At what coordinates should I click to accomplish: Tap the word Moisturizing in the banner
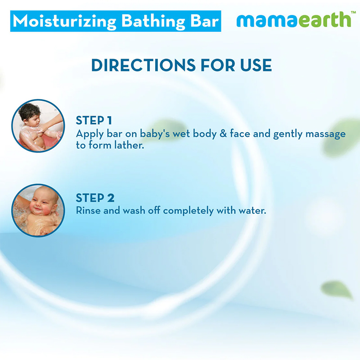65,22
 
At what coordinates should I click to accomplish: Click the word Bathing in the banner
153,22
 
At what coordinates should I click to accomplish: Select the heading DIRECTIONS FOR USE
181,65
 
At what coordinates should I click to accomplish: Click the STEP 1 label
94,120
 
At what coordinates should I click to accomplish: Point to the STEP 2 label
95,198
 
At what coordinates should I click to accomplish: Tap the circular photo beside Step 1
38,126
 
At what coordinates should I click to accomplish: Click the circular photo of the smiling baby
38,210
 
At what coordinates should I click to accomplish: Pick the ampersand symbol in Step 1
223,134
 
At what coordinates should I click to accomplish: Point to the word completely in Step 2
188,211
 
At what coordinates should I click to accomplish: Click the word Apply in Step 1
90,134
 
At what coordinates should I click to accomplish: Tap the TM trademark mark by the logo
353,12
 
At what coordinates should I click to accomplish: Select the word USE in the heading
256,65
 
